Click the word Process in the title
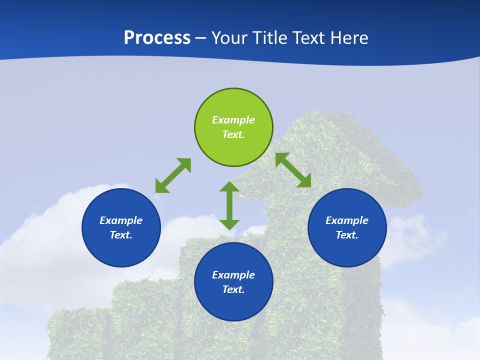157,38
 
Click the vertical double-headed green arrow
229,205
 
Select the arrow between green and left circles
173,175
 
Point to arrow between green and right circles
293,170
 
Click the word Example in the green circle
233,120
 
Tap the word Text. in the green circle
233,134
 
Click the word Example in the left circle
121,220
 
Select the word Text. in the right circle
347,235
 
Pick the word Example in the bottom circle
233,275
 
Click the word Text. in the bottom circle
233,289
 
